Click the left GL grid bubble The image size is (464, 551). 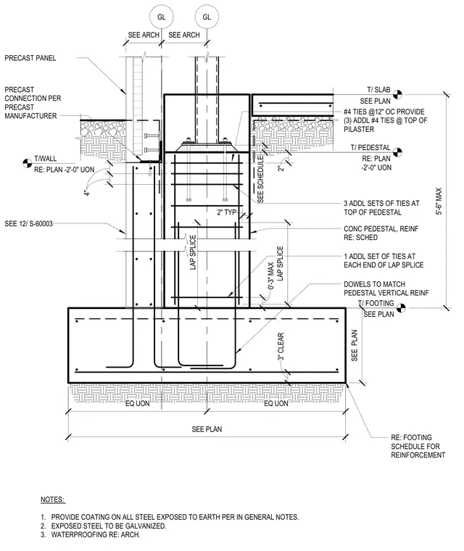[x=162, y=17]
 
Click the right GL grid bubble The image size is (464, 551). [x=207, y=17]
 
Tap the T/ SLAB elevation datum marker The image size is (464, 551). [x=397, y=94]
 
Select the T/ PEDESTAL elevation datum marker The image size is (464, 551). [x=397, y=152]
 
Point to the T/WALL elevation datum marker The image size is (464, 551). [x=27, y=163]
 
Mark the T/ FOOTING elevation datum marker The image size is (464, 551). [x=401, y=308]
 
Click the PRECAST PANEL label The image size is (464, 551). [x=30, y=58]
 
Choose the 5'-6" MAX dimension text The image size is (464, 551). [x=439, y=201]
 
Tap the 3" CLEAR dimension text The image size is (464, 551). [x=281, y=347]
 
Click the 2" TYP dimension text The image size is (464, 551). [x=227, y=212]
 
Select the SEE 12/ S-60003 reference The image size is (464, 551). [x=28, y=223]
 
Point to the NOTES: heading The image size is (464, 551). [x=53, y=500]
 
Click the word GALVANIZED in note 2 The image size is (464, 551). [x=144, y=526]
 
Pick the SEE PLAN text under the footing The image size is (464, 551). [x=207, y=429]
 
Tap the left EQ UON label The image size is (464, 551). [x=138, y=403]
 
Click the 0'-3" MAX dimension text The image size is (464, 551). [x=270, y=275]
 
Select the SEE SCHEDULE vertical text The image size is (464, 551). [x=260, y=180]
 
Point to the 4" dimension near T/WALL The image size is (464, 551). [x=87, y=192]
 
